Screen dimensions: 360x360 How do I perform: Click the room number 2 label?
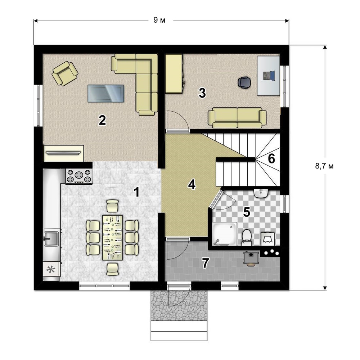click(102, 120)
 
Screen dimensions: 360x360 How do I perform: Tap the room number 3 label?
click(202, 93)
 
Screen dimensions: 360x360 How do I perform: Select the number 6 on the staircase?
click(271, 158)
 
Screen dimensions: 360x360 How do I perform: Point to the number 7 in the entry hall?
click(205, 263)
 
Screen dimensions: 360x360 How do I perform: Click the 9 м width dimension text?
click(159, 20)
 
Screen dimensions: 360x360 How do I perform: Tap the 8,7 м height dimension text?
click(324, 166)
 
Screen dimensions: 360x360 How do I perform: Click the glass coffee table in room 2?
click(106, 93)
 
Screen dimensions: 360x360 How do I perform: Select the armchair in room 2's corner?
click(65, 73)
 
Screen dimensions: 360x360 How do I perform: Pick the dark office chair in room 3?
click(244, 82)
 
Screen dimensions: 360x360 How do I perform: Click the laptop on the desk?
click(269, 76)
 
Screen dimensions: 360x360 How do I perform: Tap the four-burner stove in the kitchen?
click(79, 176)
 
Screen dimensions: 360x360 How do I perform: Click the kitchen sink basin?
click(51, 239)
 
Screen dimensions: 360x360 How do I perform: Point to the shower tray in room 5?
click(225, 234)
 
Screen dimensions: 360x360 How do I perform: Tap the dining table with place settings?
click(112, 237)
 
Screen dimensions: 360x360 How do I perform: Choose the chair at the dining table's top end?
click(112, 206)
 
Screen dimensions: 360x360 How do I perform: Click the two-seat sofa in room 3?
click(237, 118)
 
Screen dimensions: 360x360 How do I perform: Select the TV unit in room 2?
click(63, 153)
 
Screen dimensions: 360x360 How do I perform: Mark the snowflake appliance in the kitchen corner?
click(51, 270)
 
